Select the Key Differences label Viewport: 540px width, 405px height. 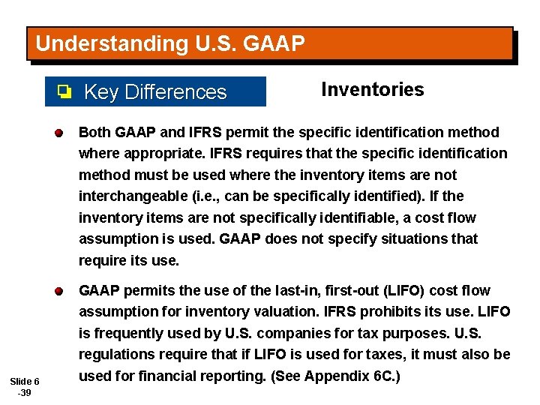[155, 92]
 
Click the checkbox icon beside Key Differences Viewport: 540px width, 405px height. [65, 92]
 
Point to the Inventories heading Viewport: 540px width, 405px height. [372, 90]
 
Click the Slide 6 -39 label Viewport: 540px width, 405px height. [25, 386]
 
